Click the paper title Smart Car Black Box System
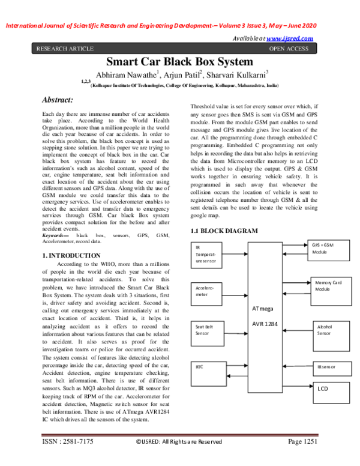(179, 62)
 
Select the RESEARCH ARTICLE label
(65, 48)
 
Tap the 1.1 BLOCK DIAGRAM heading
(224, 231)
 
